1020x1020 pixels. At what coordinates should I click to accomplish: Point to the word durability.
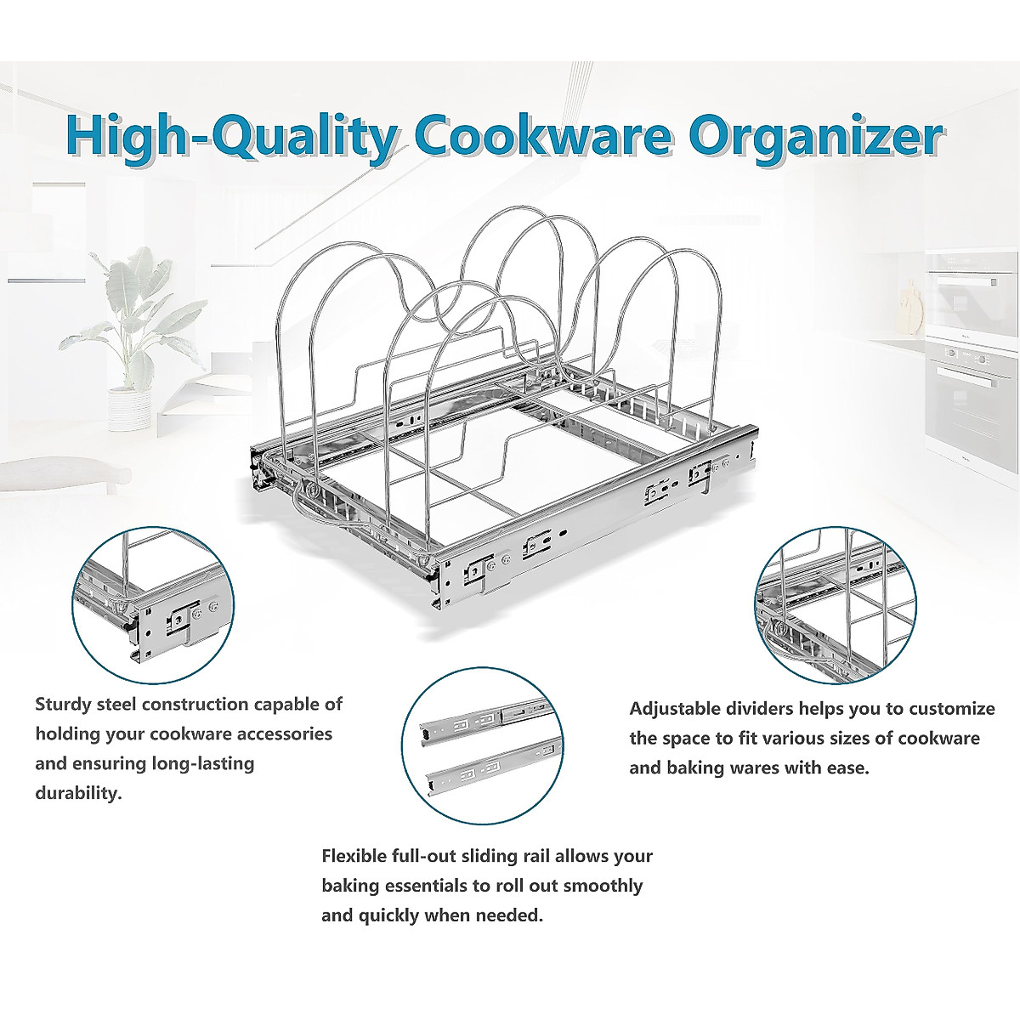pyautogui.click(x=76, y=793)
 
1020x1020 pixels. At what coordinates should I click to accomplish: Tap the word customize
pyautogui.click(x=954, y=709)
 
